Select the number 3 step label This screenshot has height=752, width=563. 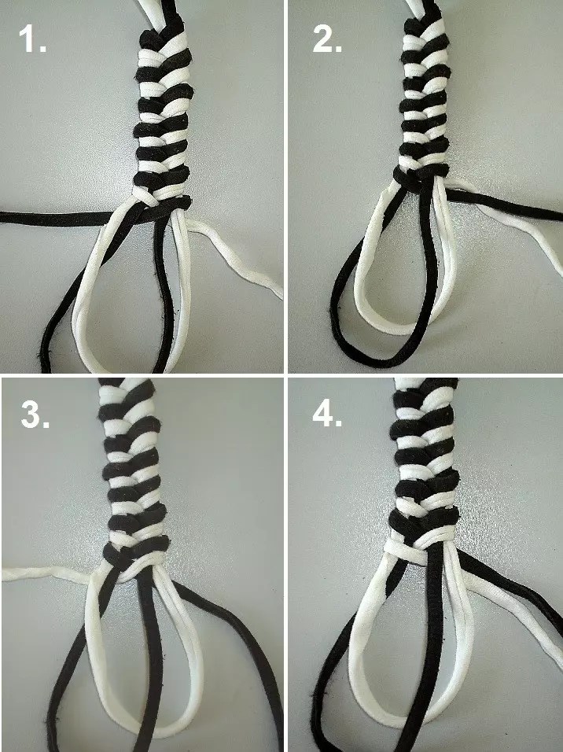35,415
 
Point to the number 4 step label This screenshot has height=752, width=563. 327,415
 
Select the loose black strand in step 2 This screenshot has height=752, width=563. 503,205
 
